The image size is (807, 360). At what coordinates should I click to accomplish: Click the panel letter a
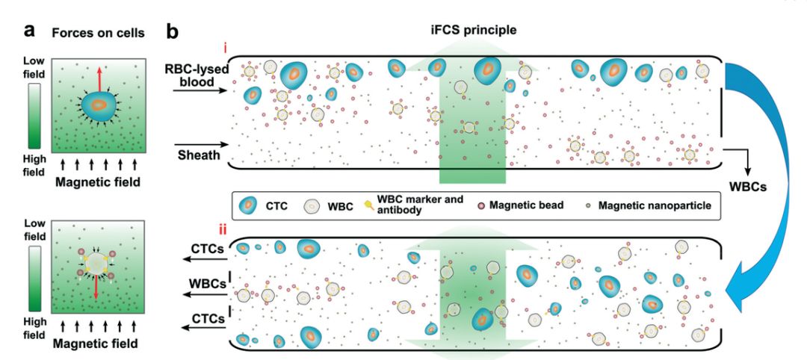click(30, 31)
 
